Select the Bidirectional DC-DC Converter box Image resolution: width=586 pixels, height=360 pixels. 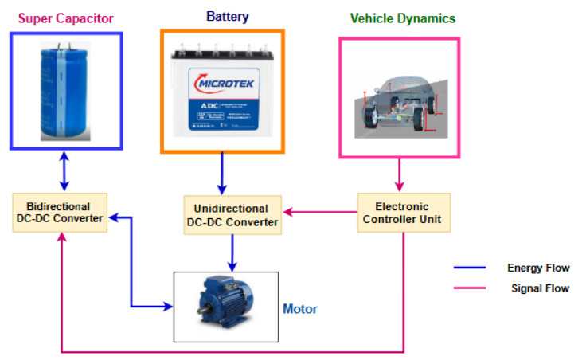tap(58, 213)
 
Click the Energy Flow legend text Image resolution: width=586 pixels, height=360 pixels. tap(537, 268)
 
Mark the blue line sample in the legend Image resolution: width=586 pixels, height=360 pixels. tap(471, 268)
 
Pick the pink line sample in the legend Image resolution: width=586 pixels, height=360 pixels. tap(471, 288)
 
